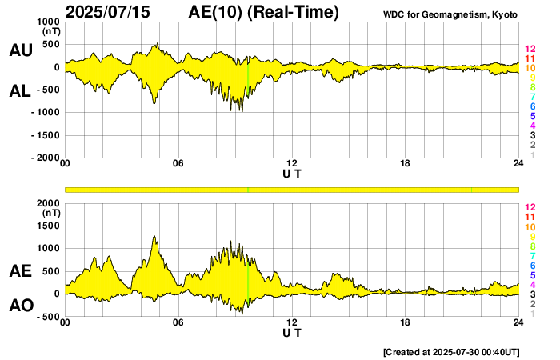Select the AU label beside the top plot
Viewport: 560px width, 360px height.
[20, 50]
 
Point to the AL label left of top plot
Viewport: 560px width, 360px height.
[20, 91]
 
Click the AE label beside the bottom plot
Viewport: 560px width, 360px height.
[20, 272]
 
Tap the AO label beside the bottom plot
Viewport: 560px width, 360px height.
[20, 306]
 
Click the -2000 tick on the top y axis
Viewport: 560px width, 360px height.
[46, 158]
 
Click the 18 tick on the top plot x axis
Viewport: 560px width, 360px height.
[405, 164]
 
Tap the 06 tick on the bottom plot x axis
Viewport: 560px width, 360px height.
[178, 322]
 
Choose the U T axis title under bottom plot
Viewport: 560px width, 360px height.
[292, 332]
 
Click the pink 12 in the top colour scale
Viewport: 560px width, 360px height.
[530, 49]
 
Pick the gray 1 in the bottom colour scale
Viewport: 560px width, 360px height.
[533, 314]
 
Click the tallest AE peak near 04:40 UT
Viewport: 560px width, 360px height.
[154, 237]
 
